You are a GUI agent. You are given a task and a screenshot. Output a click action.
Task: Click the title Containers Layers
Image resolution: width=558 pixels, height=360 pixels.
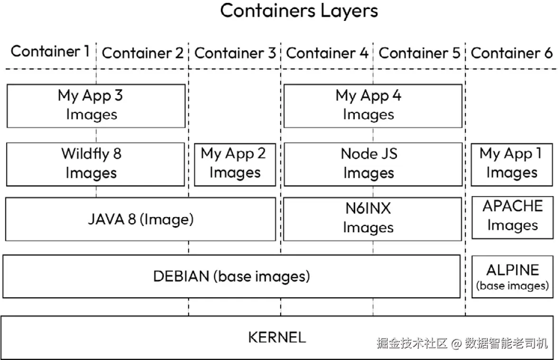pyautogui.click(x=299, y=10)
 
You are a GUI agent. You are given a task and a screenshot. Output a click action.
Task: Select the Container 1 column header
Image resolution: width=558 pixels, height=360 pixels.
pyautogui.click(x=50, y=51)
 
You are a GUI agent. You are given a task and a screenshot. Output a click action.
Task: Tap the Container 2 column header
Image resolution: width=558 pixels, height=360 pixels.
pyautogui.click(x=142, y=53)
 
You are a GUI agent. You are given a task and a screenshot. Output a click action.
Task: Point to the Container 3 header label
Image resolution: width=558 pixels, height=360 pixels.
pyautogui.click(x=235, y=53)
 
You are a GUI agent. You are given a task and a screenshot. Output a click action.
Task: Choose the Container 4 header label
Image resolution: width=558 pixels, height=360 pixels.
pyautogui.click(x=327, y=53)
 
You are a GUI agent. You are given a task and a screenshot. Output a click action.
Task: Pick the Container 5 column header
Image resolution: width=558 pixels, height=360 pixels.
pyautogui.click(x=419, y=53)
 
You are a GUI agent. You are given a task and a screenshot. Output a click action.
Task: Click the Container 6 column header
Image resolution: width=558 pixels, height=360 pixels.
pyautogui.click(x=512, y=53)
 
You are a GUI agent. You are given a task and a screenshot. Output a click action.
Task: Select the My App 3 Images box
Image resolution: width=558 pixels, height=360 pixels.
pyautogui.click(x=96, y=106)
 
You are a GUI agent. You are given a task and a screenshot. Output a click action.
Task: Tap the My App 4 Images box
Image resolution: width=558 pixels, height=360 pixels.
pyautogui.click(x=373, y=106)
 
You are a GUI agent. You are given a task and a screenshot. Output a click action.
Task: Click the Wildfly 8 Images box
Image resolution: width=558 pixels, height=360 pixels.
pyautogui.click(x=95, y=164)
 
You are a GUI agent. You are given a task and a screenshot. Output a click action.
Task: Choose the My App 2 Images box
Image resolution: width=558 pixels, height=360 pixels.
pyautogui.click(x=235, y=165)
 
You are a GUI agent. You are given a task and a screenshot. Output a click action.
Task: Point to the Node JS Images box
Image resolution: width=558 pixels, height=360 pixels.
pyautogui.click(x=373, y=164)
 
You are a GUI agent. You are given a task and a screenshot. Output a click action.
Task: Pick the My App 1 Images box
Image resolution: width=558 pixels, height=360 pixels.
pyautogui.click(x=512, y=165)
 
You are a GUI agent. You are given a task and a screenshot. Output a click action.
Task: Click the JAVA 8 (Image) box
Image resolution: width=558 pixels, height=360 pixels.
pyautogui.click(x=141, y=219)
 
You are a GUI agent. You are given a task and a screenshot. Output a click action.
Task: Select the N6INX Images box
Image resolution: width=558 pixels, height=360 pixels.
pyautogui.click(x=372, y=219)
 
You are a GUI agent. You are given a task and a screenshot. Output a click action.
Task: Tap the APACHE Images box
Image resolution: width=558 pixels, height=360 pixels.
pyautogui.click(x=512, y=218)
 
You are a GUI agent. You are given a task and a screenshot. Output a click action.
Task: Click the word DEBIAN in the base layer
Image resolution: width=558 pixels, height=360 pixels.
pyautogui.click(x=181, y=276)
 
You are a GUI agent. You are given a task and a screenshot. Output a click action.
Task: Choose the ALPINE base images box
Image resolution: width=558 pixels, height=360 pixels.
pyautogui.click(x=512, y=277)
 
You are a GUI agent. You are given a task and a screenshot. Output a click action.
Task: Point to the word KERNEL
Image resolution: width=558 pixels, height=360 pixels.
pyautogui.click(x=277, y=337)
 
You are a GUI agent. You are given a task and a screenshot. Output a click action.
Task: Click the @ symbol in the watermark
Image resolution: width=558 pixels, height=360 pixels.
pyautogui.click(x=456, y=343)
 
